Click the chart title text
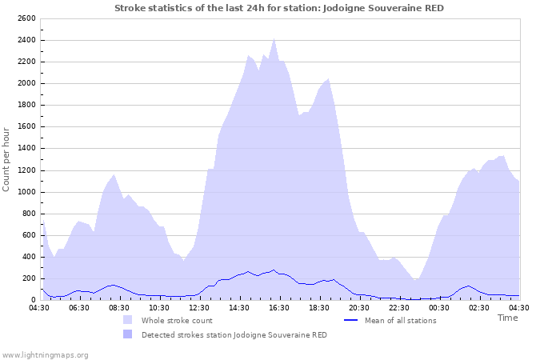point(279,8)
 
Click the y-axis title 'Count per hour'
point(7,158)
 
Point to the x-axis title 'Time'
point(507,318)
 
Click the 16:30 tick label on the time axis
point(278,307)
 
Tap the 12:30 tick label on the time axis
point(198,307)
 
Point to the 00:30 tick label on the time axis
point(439,307)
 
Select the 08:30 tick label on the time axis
point(118,307)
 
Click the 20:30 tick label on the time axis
point(359,307)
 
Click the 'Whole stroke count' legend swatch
point(127,320)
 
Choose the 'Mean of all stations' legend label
point(400,321)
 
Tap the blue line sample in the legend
point(350,320)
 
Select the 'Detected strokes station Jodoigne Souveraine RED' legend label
point(234,334)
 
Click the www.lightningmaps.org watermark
point(45,354)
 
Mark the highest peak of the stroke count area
point(274,38)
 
